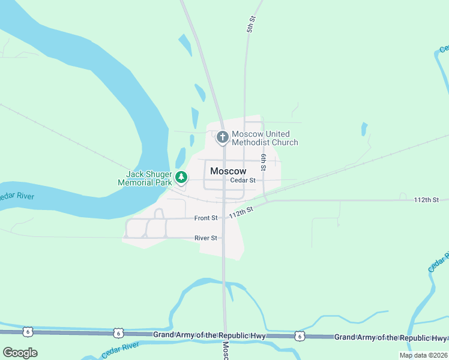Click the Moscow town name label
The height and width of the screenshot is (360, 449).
228,171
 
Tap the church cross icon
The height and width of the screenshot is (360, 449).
222,138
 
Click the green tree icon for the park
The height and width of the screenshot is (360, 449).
181,178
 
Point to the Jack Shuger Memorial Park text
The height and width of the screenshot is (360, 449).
141,178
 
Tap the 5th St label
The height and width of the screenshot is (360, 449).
251,24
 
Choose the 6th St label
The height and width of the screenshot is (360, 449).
263,161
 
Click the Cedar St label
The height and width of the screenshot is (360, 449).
243,180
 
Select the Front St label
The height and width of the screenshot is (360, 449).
206,218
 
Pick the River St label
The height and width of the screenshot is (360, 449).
205,238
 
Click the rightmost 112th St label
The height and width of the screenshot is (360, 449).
427,199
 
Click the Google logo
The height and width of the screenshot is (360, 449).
20,353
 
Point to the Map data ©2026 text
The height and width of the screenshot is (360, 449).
423,355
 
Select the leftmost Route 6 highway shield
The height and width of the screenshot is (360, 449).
28,331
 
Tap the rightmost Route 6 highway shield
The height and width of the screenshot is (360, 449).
300,336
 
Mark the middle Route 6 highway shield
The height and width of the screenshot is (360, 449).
118,333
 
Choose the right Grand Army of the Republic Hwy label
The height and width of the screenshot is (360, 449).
390,337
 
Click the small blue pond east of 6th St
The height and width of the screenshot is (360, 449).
364,129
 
